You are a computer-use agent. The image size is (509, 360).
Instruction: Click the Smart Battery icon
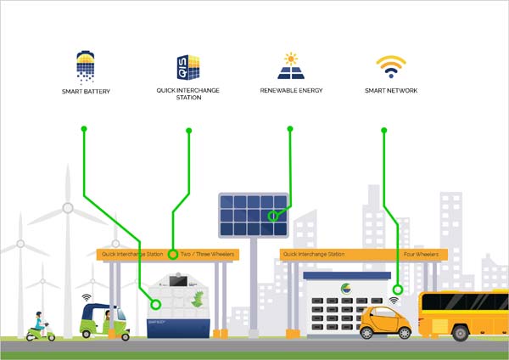(86, 65)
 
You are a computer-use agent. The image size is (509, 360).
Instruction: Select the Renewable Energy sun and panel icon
(290, 65)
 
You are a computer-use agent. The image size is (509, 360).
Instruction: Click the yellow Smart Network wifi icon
(391, 66)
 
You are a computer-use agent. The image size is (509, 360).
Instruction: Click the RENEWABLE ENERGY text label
(290, 90)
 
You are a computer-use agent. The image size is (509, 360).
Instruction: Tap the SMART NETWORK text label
(391, 90)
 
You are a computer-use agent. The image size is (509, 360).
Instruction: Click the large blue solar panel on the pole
(253, 215)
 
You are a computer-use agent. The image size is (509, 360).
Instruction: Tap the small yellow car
(385, 322)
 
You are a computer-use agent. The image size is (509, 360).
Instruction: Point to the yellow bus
(464, 313)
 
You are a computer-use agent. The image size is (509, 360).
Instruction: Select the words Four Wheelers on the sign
(421, 254)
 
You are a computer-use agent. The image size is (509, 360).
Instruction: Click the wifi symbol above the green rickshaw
(87, 298)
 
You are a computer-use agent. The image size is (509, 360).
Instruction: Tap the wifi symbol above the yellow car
(394, 300)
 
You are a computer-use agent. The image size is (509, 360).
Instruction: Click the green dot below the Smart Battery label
(83, 129)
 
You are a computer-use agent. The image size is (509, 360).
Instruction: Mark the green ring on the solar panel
(273, 217)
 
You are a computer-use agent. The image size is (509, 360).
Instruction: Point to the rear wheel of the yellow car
(371, 333)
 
